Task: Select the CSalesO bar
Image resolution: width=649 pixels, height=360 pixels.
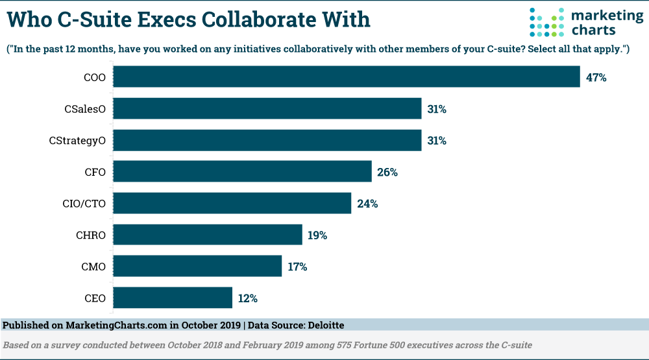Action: pos(267,109)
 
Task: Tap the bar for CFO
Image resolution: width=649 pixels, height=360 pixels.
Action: pos(243,172)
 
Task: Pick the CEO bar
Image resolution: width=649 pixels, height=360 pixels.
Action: pos(173,298)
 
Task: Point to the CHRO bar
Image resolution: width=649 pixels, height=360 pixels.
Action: pos(208,235)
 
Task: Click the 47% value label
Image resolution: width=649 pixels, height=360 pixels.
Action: pos(596,78)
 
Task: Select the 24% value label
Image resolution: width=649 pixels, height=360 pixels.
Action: pos(367,204)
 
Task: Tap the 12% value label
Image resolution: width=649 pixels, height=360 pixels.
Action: pos(248,298)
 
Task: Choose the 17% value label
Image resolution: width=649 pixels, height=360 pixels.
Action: pos(297,267)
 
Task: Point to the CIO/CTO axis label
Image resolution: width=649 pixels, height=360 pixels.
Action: pos(79,204)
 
